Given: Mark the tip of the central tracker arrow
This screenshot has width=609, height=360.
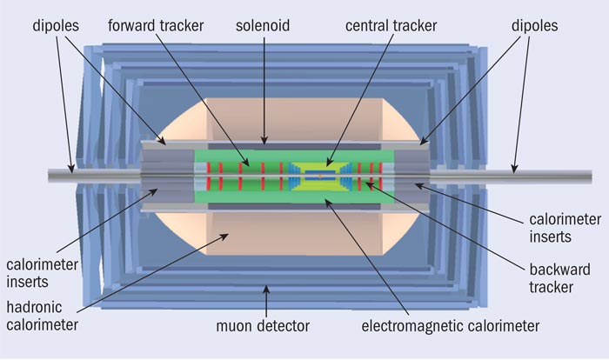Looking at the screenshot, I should pyautogui.click(x=328, y=164).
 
